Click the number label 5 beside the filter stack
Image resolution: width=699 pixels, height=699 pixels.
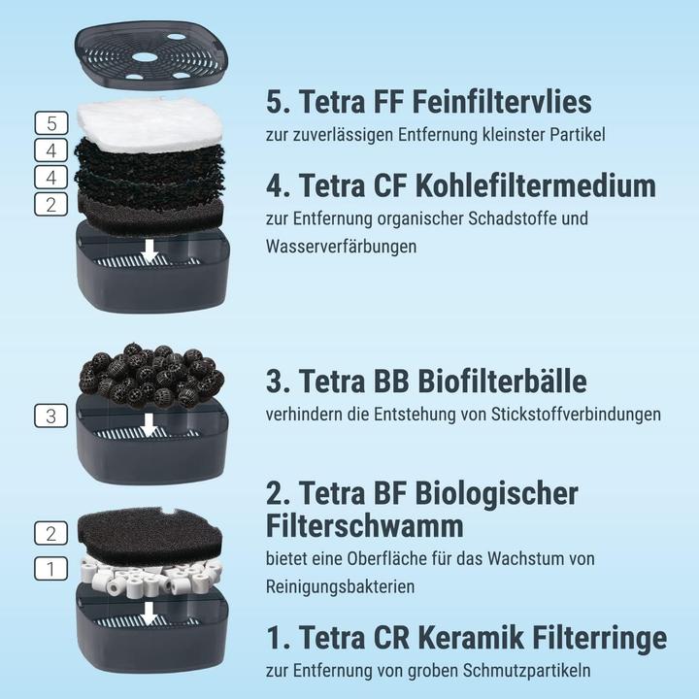[x=50, y=123]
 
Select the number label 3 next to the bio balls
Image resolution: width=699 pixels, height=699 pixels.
[x=50, y=416]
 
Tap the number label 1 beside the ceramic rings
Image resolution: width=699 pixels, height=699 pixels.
[x=50, y=569]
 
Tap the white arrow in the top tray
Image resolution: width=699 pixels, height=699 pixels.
[x=149, y=251]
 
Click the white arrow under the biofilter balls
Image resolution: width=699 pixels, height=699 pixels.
[x=149, y=424]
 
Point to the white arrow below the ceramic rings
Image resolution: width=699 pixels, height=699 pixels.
[x=148, y=613]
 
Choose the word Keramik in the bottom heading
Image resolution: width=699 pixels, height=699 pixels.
[x=473, y=638]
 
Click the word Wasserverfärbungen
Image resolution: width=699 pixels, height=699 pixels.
[x=341, y=247]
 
